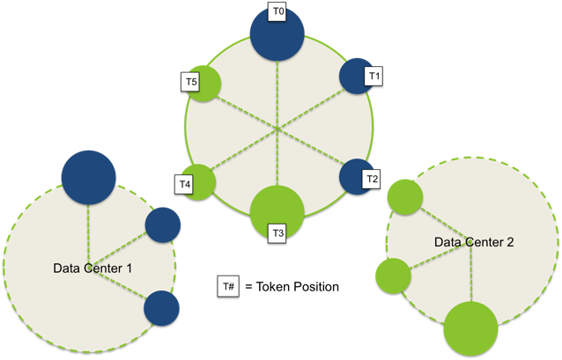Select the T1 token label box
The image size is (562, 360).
[373, 77]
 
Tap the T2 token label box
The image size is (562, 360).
[372, 180]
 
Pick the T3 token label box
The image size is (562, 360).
[277, 233]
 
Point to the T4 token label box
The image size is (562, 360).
[184, 185]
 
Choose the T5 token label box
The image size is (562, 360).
[191, 82]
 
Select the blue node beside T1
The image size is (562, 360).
[356, 76]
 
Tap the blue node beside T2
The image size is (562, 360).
[355, 176]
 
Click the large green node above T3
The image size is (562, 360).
[277, 209]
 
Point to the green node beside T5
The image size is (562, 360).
[205, 84]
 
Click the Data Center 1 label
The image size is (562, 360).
[93, 268]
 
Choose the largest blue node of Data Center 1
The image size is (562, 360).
[88, 179]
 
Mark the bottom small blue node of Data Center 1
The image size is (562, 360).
[161, 307]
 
